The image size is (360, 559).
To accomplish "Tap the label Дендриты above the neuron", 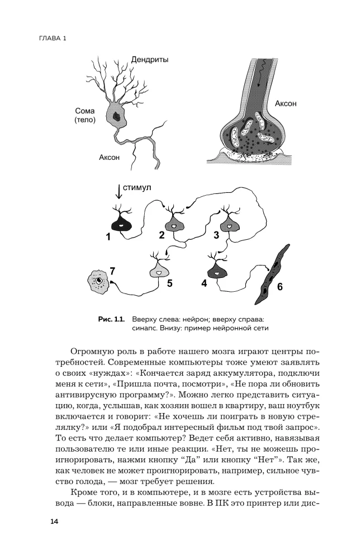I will [150, 59].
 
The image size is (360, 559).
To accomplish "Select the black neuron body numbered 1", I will [122, 225].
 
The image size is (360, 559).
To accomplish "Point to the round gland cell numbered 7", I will [99, 281].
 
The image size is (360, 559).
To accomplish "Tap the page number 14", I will [54, 522].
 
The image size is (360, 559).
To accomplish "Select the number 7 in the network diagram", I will [112, 271].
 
